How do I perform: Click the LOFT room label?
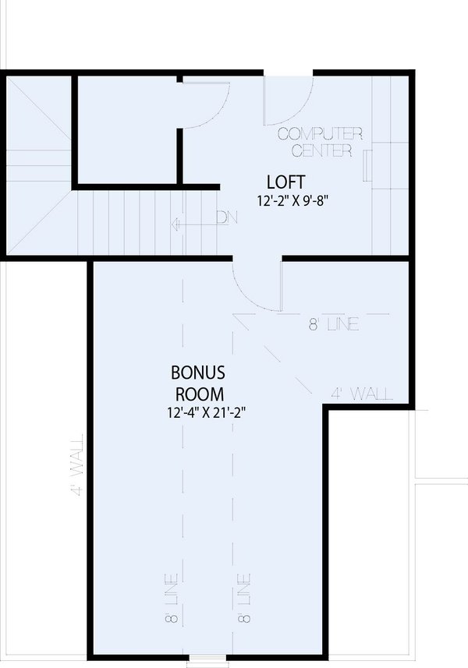click(x=280, y=182)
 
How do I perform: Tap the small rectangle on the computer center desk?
click(x=366, y=166)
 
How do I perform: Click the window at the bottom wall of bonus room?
click(x=205, y=662)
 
